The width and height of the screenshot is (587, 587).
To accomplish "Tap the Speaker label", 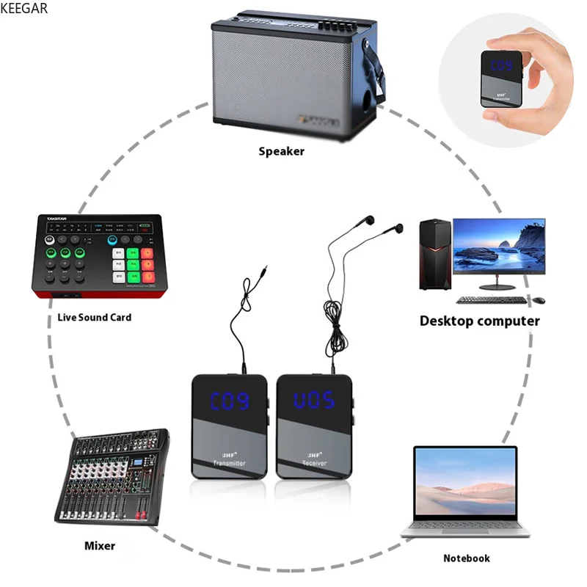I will coord(281,152).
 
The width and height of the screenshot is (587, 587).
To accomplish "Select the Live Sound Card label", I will coord(95,317).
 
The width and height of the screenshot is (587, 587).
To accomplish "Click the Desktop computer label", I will coord(479,321).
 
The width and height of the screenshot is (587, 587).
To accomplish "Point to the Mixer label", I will coord(100,546).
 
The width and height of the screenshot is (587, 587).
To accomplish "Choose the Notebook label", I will coord(466,558).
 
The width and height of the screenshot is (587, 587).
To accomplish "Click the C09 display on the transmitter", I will coord(230,401).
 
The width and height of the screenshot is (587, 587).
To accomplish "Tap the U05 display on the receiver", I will coord(313,401).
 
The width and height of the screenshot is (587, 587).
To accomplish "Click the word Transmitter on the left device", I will coord(229,463).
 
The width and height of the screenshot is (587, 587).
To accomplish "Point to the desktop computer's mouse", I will coord(539,300).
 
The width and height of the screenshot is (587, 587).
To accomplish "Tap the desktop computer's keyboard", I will coord(491,300).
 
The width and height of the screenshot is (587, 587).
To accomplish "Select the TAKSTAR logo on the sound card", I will coord(52,219).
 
